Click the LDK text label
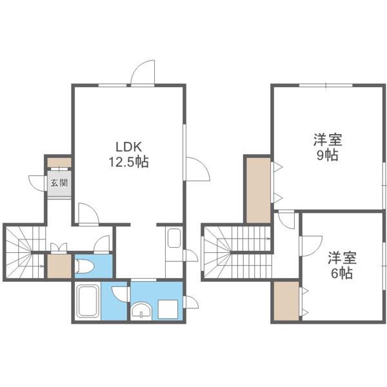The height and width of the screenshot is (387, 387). click(128, 146)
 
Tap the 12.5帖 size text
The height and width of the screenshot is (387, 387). click(128, 162)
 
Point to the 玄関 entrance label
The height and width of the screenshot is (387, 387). click(59, 183)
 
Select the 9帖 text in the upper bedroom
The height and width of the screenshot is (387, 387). click(327, 155)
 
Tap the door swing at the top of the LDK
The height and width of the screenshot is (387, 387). click(143, 72)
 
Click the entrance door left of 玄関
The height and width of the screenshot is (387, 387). click(36, 183)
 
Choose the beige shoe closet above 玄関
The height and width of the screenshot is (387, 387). click(59, 161)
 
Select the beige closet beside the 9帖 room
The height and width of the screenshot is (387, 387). click(257, 189)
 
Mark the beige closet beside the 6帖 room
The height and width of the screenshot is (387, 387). click(285, 302)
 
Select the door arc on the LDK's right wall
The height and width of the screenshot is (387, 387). click(198, 169)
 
